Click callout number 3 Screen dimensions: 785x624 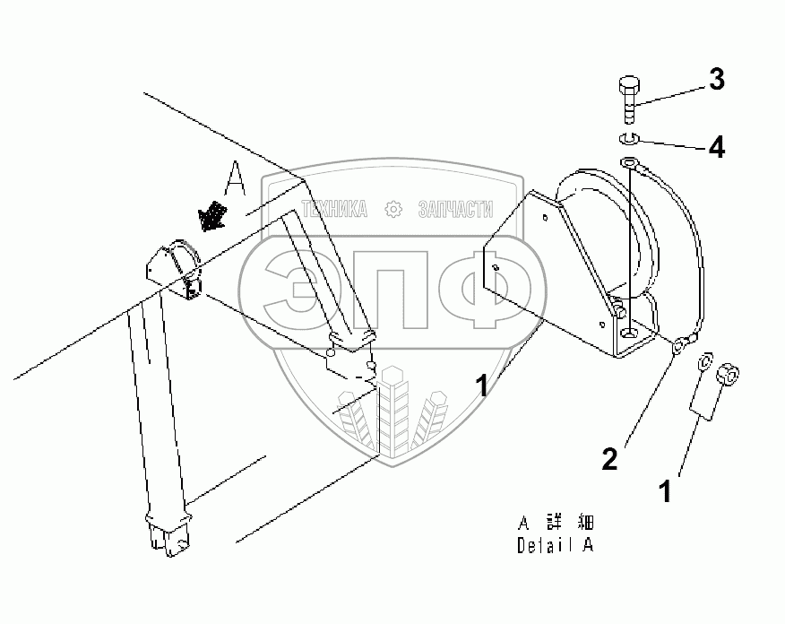click(x=716, y=80)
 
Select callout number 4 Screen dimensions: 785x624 click(x=716, y=146)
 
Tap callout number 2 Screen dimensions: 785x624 click(x=609, y=460)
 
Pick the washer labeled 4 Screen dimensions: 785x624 click(x=627, y=137)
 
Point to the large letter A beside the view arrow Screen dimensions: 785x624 click(x=235, y=180)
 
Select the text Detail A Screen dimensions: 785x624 click(x=555, y=544)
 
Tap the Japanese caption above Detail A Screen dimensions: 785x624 click(x=556, y=522)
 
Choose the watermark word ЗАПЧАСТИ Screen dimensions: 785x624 click(x=455, y=210)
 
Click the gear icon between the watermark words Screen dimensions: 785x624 click(x=392, y=210)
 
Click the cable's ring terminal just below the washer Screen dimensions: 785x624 click(x=629, y=164)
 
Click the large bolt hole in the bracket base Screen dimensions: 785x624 click(x=633, y=333)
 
